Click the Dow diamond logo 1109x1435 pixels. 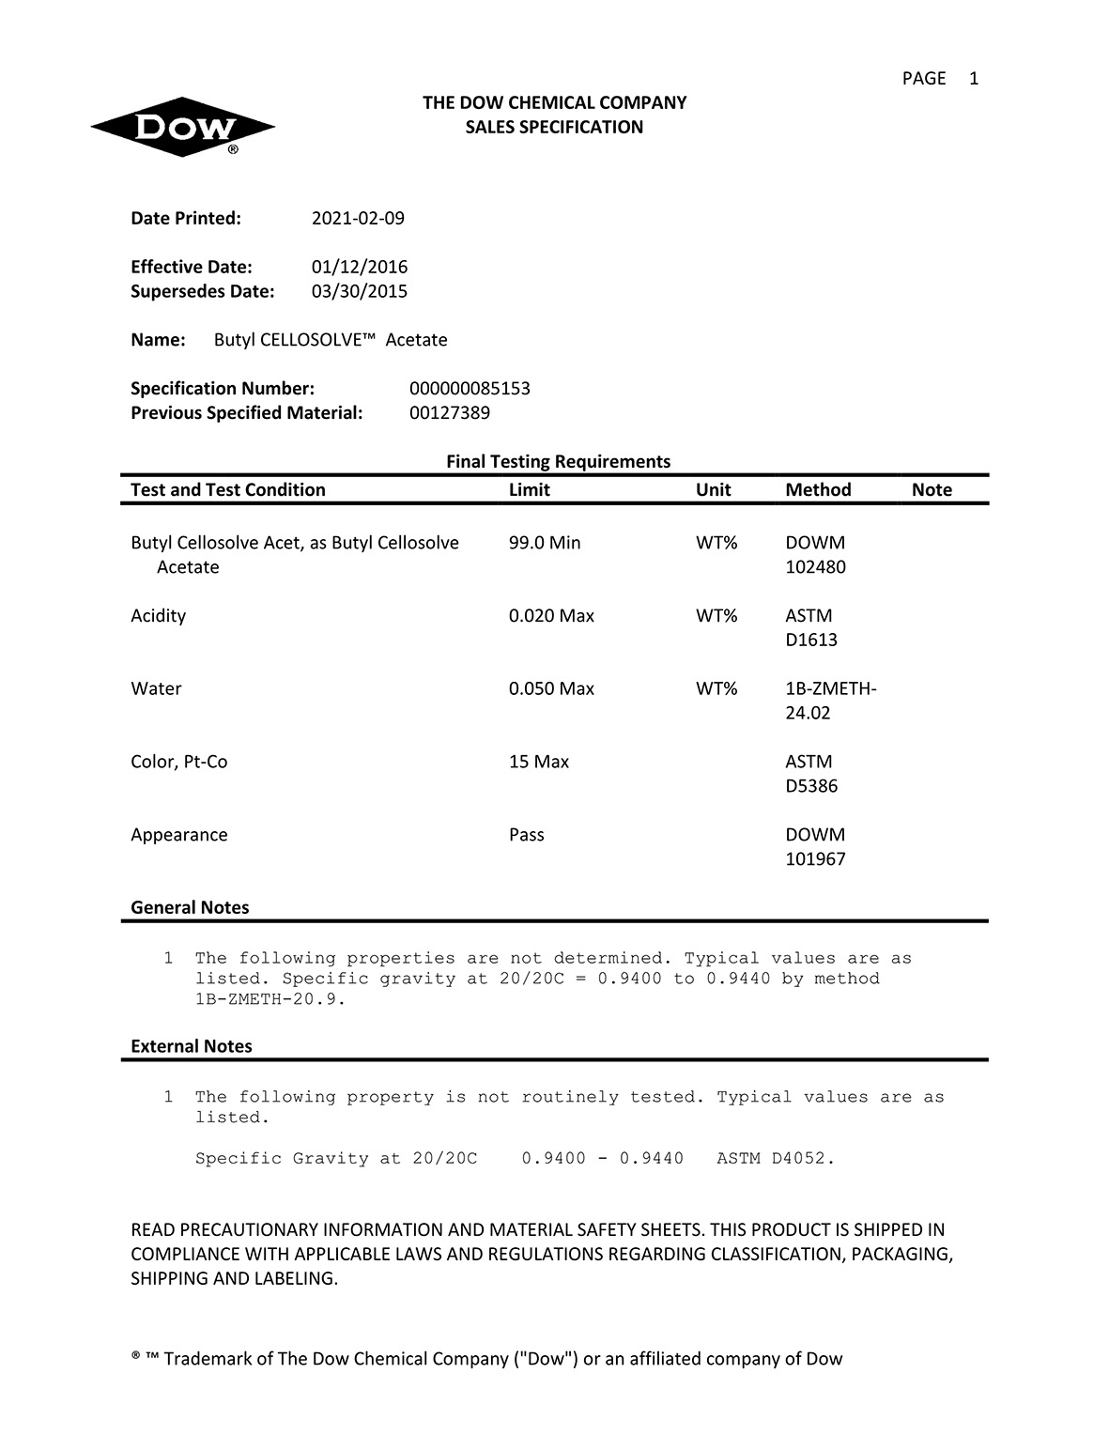(x=182, y=127)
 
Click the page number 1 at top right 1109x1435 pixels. (x=974, y=79)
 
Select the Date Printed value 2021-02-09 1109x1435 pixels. (x=358, y=219)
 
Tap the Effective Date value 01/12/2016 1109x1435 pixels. (x=360, y=267)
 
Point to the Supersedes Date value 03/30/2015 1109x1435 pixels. (x=360, y=291)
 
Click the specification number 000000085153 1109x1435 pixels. (x=470, y=389)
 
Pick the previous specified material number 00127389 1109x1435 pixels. (x=450, y=413)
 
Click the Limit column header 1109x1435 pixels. (x=529, y=490)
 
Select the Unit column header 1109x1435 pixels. (x=713, y=490)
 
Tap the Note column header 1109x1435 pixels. (x=932, y=490)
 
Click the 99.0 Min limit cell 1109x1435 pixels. (x=545, y=543)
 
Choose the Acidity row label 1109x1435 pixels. (x=159, y=616)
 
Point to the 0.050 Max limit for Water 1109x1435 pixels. (x=551, y=689)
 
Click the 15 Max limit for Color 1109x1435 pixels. (x=539, y=762)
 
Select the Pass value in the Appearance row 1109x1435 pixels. (x=527, y=835)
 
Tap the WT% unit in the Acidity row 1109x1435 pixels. (x=716, y=616)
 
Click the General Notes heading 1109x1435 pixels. (x=190, y=908)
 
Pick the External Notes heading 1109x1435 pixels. (x=192, y=1046)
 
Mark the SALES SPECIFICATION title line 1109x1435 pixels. (x=554, y=128)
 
